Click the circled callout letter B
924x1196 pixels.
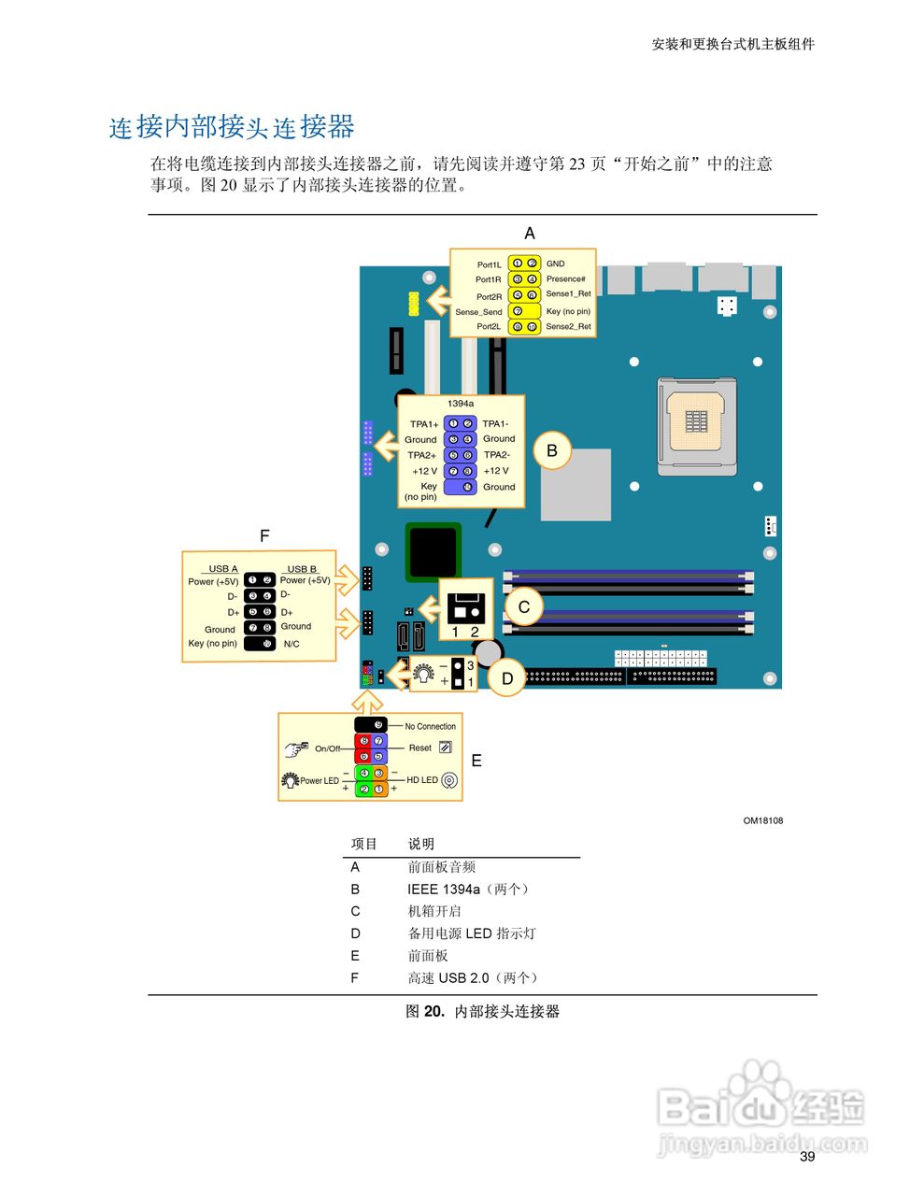point(552,451)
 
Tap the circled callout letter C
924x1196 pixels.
point(524,607)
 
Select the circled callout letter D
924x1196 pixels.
point(507,678)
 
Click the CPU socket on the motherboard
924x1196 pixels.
point(695,422)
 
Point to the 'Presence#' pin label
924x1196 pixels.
point(565,279)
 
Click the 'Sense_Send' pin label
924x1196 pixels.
point(478,312)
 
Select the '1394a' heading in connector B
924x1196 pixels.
point(460,404)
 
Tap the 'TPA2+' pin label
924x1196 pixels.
point(422,455)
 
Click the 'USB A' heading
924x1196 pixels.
point(223,568)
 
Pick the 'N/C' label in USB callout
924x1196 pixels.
point(291,644)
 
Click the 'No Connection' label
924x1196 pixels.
point(430,726)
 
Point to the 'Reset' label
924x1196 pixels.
point(420,747)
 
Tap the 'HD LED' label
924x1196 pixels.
point(422,779)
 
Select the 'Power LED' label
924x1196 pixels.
point(319,780)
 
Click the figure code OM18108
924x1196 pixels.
point(762,820)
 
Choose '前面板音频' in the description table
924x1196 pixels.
point(442,867)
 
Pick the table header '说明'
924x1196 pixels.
point(421,844)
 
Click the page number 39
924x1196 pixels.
point(807,1156)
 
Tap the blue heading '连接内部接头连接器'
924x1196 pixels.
point(232,127)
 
